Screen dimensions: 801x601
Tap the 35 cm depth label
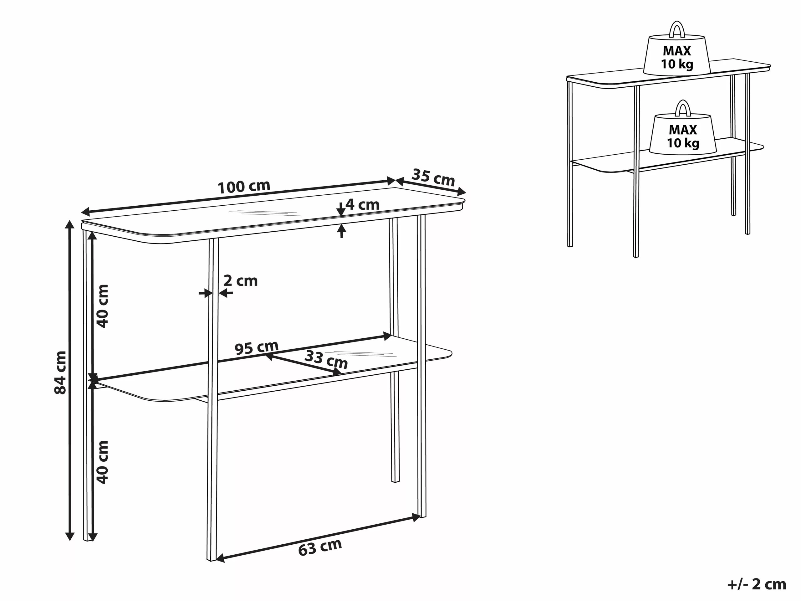(433, 177)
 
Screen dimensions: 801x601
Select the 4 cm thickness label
(362, 205)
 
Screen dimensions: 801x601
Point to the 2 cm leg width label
(240, 281)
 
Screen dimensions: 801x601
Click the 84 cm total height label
(60, 372)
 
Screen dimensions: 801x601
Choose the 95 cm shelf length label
(256, 348)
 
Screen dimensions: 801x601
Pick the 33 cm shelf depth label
(326, 359)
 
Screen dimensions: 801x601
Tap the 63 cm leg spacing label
(320, 547)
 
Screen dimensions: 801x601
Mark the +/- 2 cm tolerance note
(757, 584)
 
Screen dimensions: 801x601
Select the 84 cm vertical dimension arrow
(69, 380)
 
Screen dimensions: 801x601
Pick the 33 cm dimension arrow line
(304, 364)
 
